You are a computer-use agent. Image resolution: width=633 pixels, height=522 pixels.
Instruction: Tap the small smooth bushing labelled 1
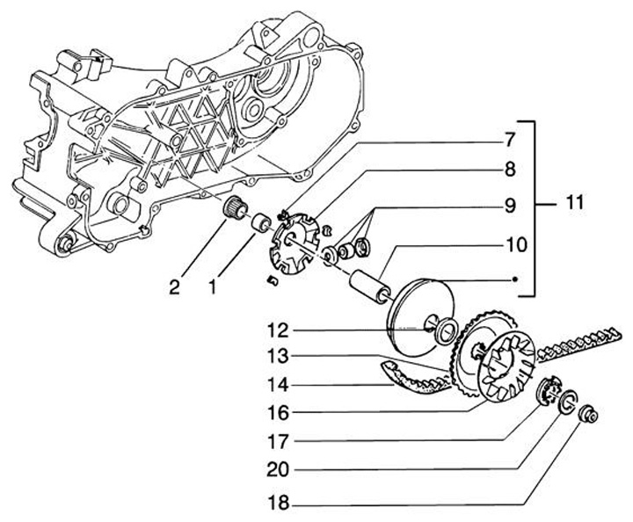(259, 223)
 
